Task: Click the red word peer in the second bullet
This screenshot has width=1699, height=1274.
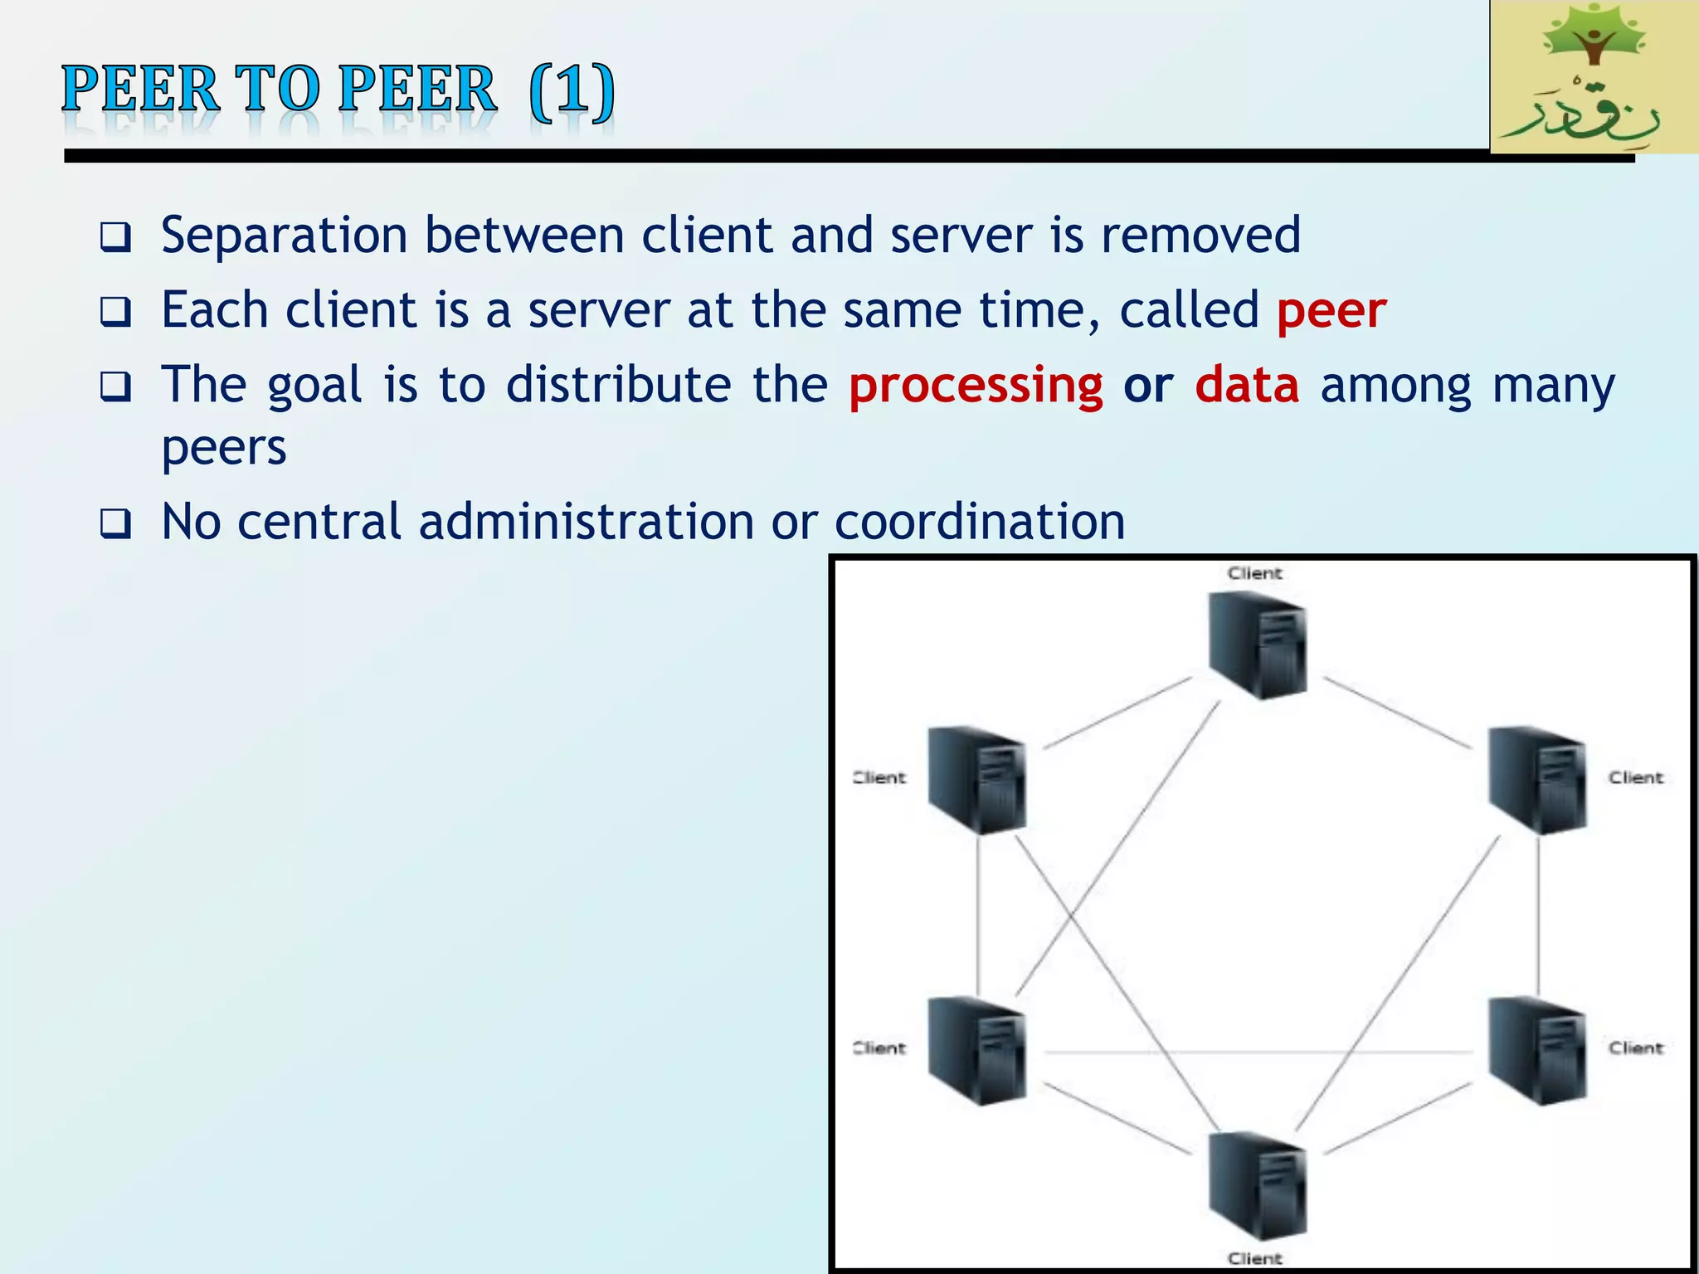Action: (x=1331, y=311)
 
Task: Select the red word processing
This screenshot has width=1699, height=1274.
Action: (x=976, y=386)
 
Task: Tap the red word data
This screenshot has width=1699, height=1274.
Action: (x=1247, y=386)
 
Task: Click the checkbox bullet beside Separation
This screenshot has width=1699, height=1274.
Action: (x=115, y=238)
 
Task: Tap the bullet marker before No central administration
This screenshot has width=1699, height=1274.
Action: (x=115, y=524)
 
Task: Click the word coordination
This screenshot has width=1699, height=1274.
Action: (x=979, y=523)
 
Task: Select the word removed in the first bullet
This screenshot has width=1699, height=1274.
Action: (x=1200, y=235)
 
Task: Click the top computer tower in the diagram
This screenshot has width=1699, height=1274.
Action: (x=1258, y=644)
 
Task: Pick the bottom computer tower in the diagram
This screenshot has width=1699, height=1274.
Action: (x=1258, y=1186)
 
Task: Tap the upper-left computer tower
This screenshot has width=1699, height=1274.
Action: (x=976, y=780)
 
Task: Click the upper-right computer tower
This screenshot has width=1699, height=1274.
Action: (x=1537, y=780)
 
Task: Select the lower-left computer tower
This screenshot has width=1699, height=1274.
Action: (x=976, y=1051)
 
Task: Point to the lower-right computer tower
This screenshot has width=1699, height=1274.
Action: (x=1537, y=1051)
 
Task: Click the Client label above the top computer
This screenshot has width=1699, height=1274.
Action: (x=1254, y=573)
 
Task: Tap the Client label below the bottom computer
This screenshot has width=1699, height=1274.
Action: (x=1254, y=1258)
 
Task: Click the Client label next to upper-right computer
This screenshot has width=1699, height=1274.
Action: (x=1636, y=778)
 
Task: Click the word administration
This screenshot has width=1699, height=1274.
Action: (x=587, y=523)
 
